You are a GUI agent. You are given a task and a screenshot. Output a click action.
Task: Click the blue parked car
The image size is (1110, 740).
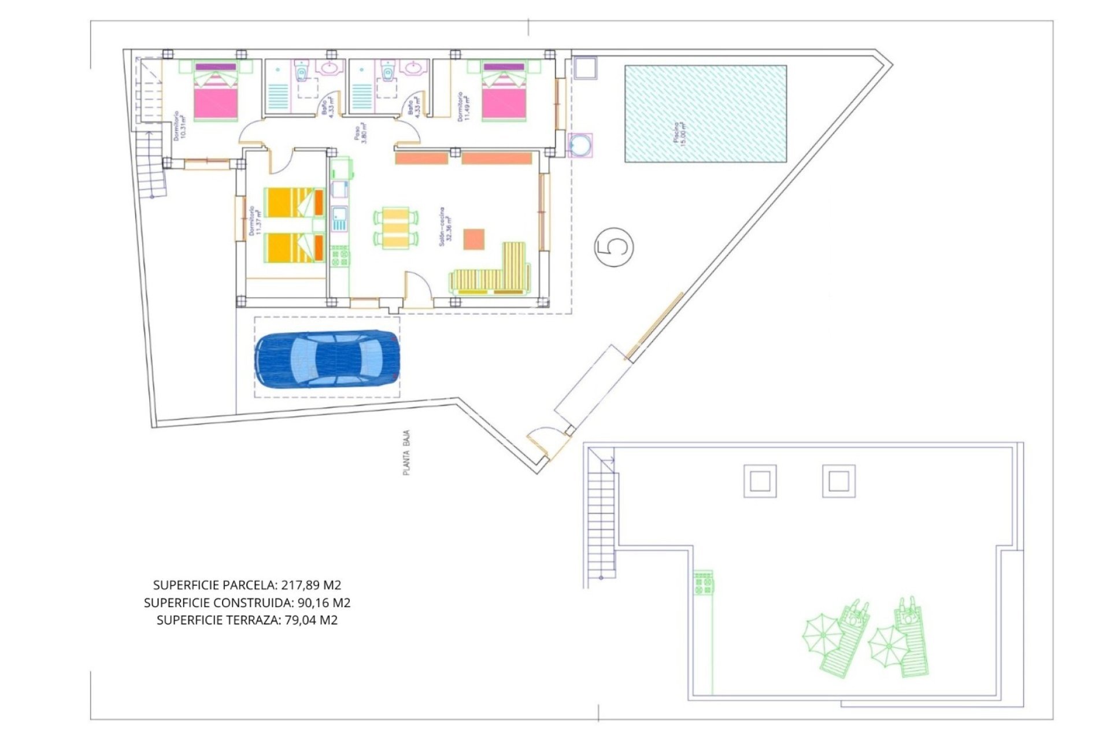[327, 359]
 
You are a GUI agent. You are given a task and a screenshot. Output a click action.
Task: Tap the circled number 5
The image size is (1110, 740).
[613, 247]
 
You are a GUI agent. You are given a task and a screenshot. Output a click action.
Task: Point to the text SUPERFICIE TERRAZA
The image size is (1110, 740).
[217, 620]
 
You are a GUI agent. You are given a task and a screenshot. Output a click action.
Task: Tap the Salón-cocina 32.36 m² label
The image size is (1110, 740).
[445, 227]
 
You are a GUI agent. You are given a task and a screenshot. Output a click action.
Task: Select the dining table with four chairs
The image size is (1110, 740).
[396, 228]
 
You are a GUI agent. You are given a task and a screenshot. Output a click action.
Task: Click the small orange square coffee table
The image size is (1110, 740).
[473, 239]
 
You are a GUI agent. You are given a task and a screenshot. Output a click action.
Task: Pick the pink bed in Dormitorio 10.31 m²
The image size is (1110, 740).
[216, 97]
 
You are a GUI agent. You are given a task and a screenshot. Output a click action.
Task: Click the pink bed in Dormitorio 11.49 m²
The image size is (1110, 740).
[504, 97]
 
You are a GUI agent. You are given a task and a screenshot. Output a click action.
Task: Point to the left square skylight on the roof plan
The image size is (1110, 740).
[760, 481]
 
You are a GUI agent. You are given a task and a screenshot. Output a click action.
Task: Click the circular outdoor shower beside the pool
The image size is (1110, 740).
[580, 145]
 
